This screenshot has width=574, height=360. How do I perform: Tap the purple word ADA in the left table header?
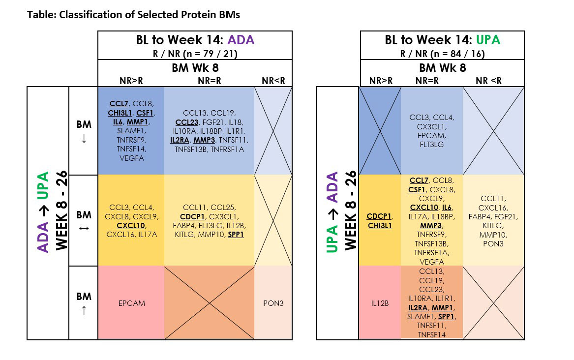(x=241, y=40)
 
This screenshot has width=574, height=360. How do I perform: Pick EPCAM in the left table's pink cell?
(x=131, y=303)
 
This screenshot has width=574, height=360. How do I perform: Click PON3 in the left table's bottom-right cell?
(x=273, y=303)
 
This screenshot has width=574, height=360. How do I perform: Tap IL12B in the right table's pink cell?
(x=379, y=303)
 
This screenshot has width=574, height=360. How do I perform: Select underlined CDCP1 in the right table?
(x=379, y=216)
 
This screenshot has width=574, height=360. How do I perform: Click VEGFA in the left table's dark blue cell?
(x=131, y=158)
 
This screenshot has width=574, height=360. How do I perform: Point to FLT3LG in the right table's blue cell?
(x=431, y=145)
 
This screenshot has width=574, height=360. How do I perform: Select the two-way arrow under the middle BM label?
(x=84, y=228)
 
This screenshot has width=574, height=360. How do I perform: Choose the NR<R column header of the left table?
(x=273, y=81)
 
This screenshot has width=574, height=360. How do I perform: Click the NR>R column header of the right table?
(x=380, y=81)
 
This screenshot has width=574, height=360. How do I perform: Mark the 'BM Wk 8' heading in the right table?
(x=442, y=68)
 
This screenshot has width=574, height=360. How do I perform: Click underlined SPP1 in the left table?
(x=236, y=235)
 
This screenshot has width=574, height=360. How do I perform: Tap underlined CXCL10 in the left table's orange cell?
(x=131, y=226)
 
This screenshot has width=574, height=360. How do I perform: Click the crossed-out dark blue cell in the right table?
(x=380, y=131)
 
